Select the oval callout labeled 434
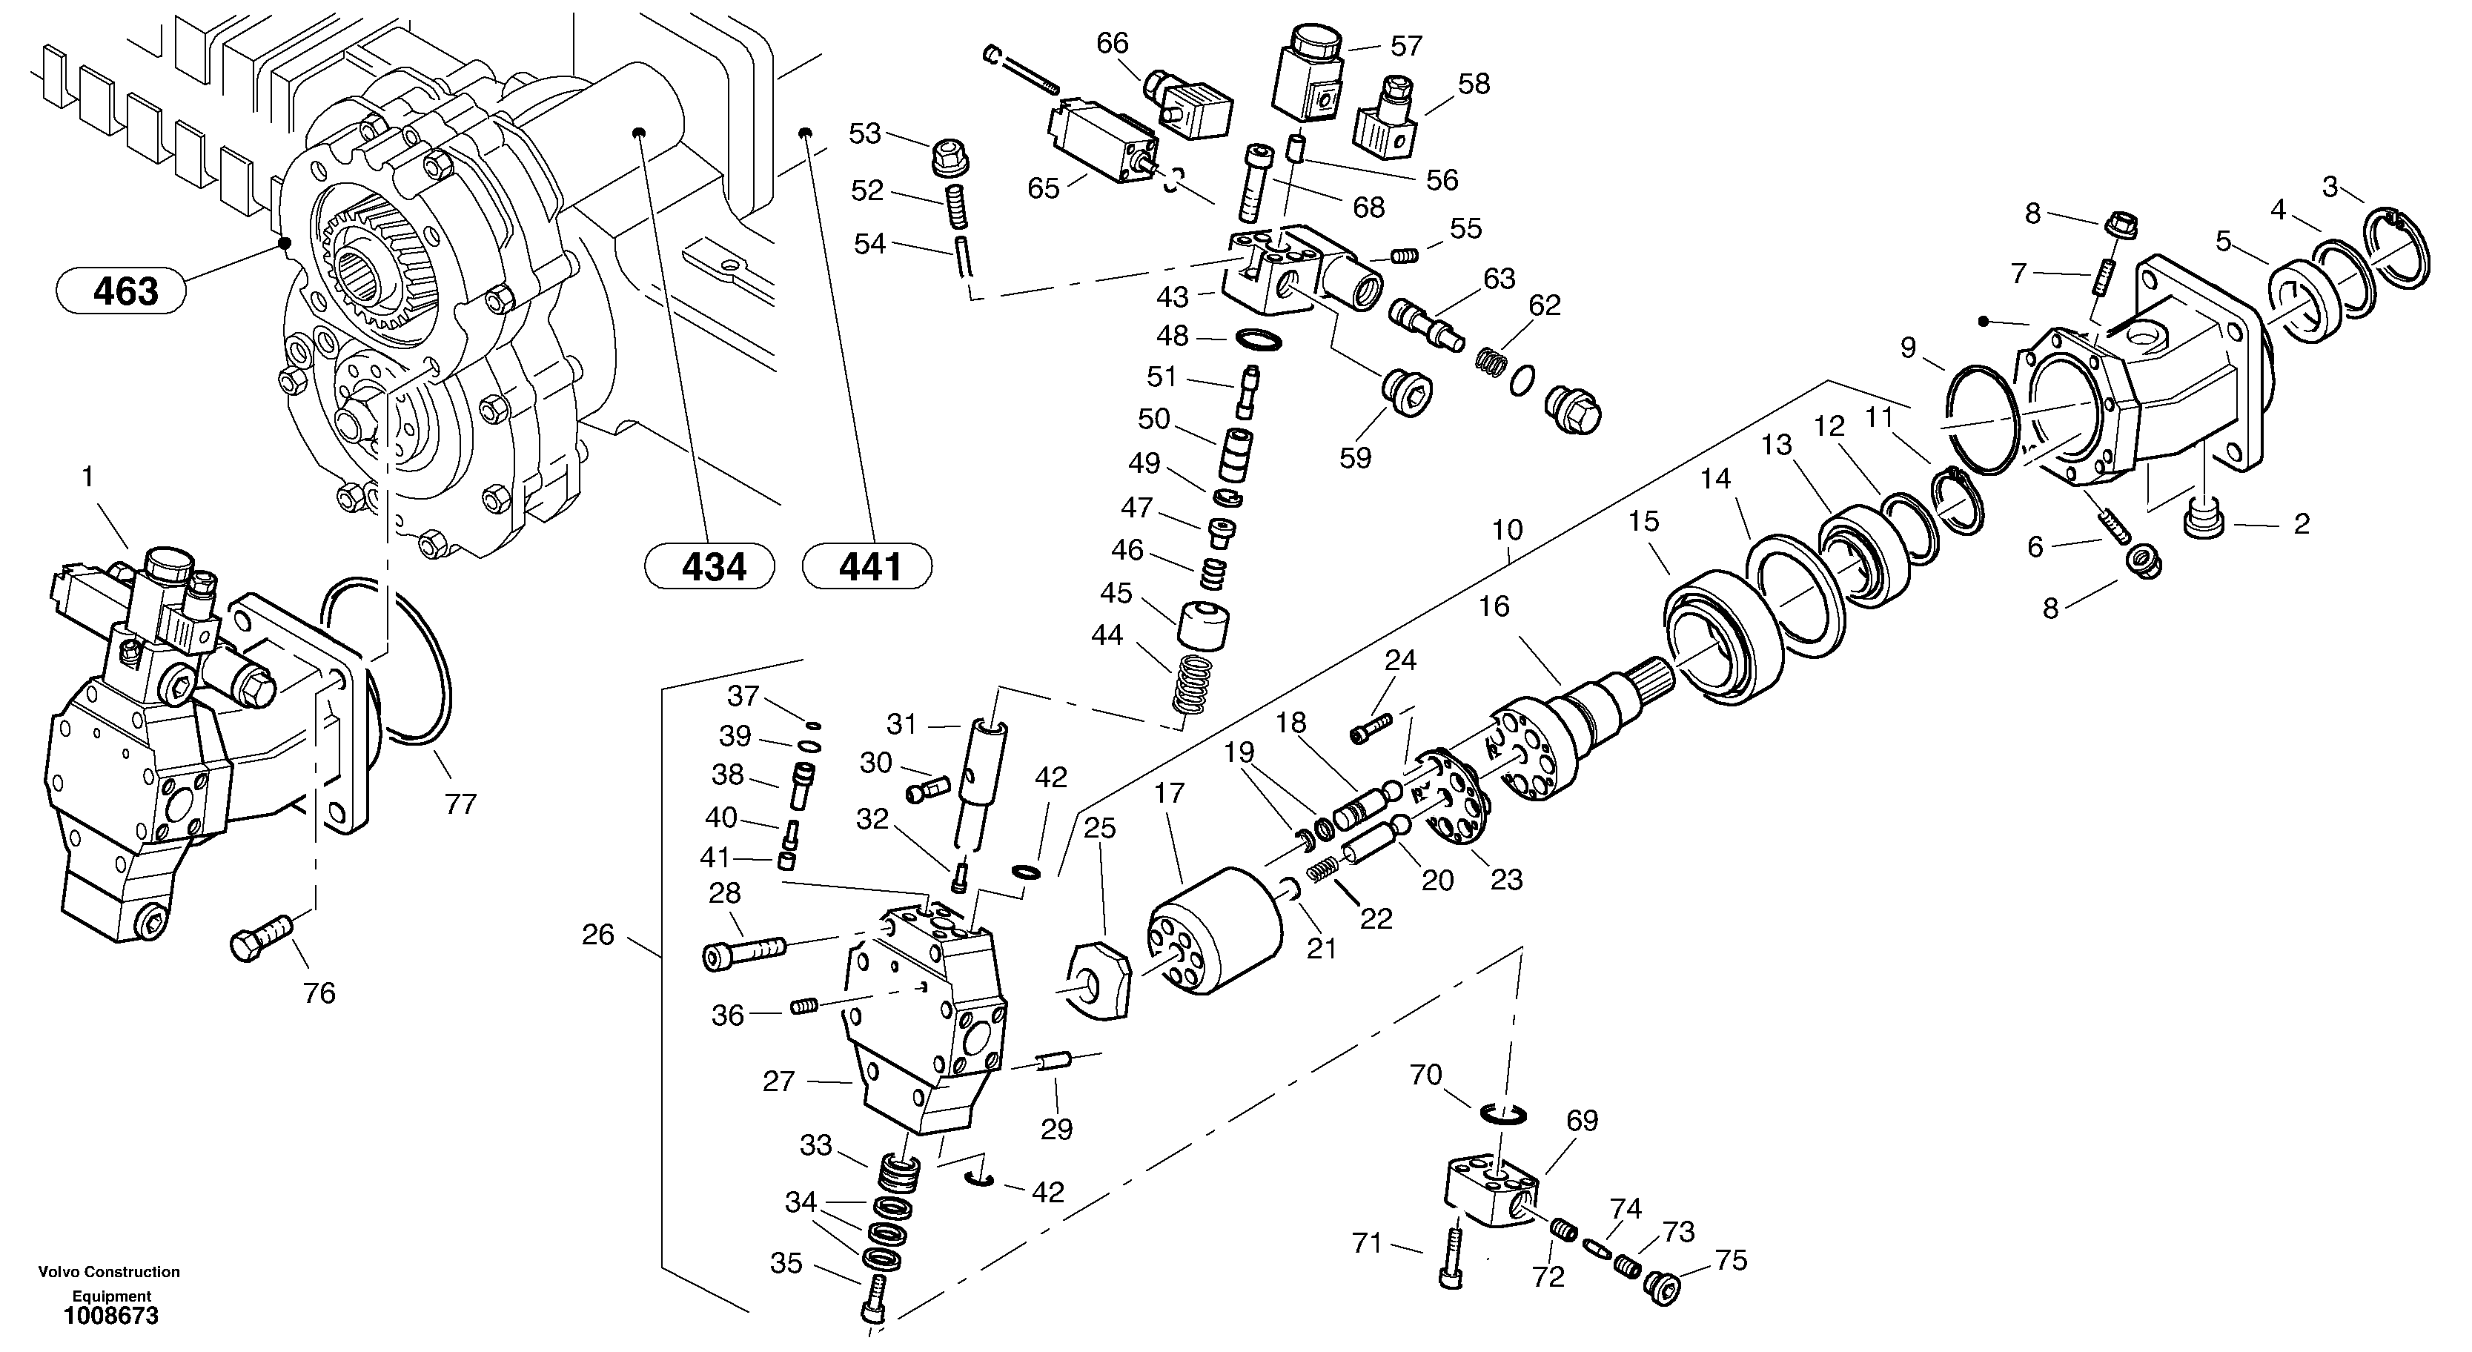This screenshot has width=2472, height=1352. point(709,566)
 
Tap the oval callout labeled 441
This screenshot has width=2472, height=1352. point(866,566)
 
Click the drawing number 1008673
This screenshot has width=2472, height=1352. point(111,1316)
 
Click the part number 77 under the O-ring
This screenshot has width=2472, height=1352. point(460,804)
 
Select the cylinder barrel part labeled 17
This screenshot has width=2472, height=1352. point(1215,931)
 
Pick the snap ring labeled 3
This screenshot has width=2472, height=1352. point(2396,251)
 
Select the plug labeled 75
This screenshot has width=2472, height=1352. point(1662,1286)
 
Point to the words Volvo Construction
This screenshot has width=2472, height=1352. point(108,1273)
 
